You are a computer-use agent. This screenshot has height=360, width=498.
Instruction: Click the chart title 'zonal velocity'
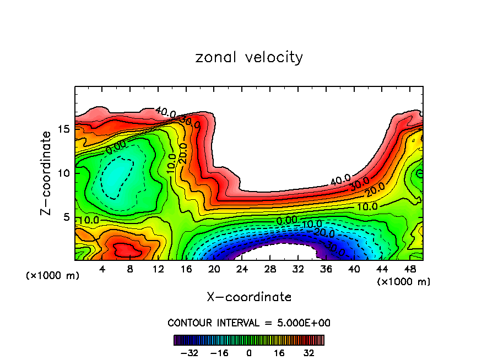pos(249,57)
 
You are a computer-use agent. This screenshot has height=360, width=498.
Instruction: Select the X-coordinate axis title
pos(249,297)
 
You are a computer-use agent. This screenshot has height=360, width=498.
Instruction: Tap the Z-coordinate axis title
pos(48,172)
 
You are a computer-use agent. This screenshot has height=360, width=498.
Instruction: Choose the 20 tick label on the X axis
pos(214,269)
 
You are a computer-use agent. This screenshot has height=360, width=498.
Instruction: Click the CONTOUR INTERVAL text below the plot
pos(249,323)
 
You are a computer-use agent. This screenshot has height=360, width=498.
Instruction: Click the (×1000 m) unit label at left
pos(53,276)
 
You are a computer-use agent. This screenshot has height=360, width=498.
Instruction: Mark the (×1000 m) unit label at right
pos(404,282)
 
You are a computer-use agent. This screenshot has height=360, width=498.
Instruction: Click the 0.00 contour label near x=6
pos(116,147)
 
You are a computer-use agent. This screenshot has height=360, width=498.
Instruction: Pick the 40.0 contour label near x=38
pos(340,180)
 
